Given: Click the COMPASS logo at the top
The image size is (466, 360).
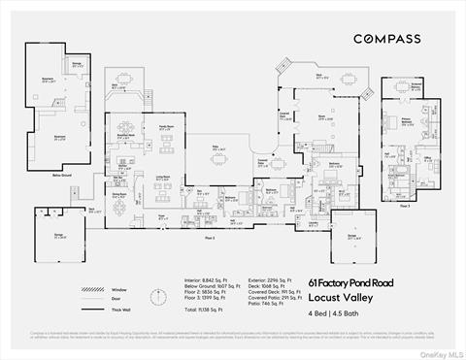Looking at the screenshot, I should (386, 39).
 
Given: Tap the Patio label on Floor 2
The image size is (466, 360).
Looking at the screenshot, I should (218, 148).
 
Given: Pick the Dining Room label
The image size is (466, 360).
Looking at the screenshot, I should (120, 195).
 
